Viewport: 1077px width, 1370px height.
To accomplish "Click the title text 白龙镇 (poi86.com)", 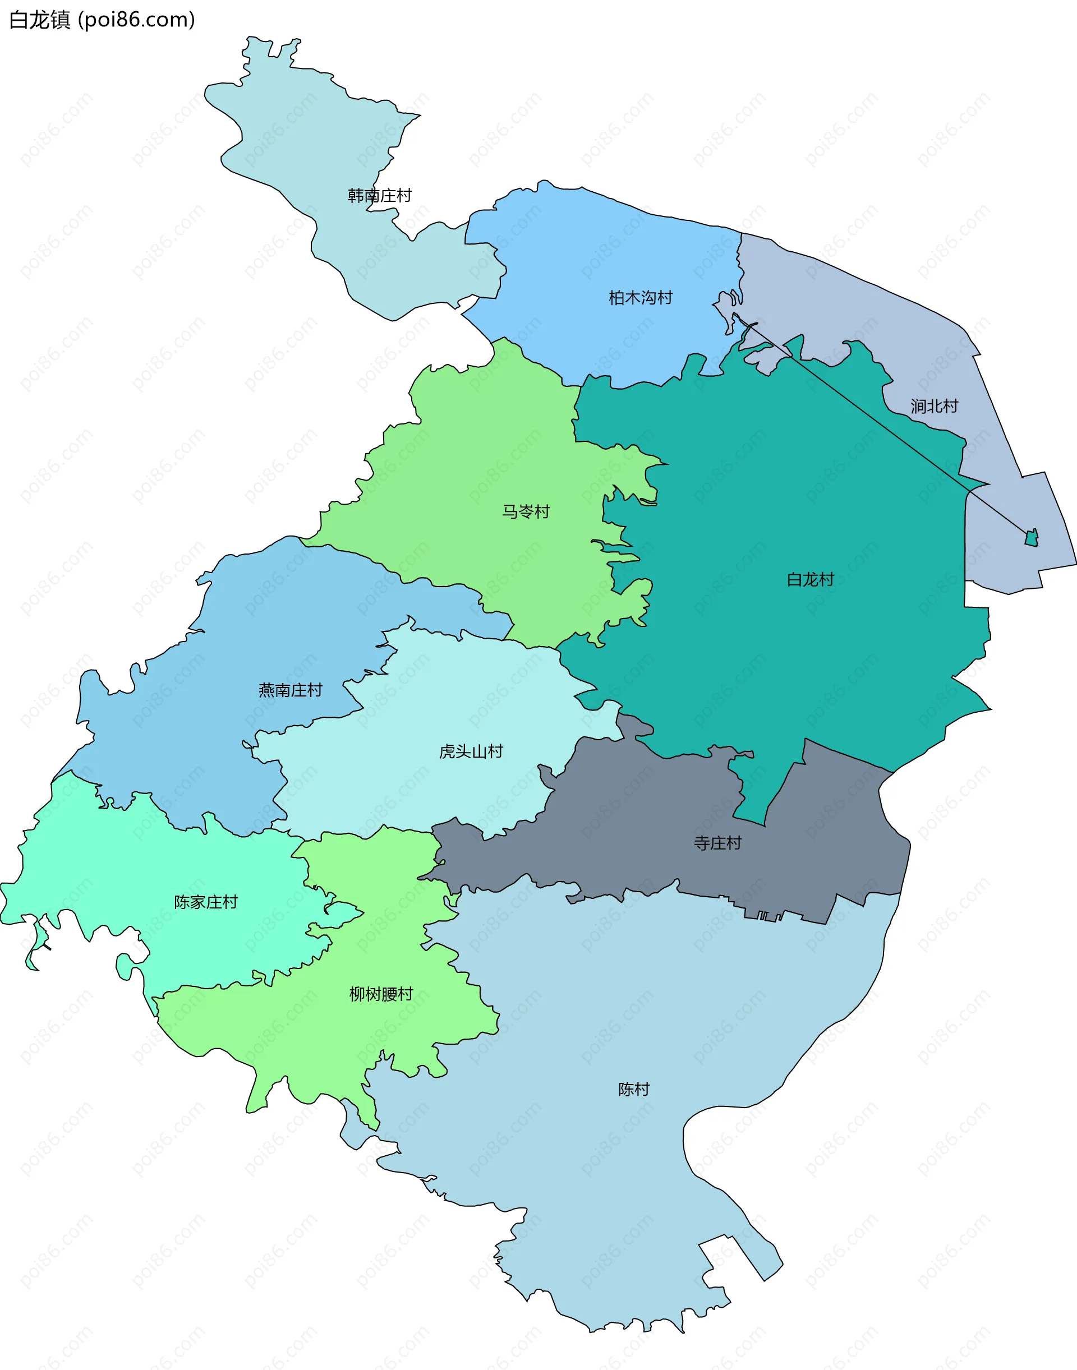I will pos(102,20).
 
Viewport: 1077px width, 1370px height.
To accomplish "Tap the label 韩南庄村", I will pos(380,196).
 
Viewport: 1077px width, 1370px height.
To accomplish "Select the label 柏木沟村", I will pos(640,298).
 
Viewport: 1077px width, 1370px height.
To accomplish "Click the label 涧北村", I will pos(934,406).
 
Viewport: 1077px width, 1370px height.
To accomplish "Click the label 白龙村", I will pos(810,579).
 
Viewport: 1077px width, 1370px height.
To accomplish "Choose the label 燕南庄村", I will pos(290,690).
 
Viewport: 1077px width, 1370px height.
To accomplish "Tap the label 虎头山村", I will pos(471,751).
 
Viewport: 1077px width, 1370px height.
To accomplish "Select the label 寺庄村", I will pos(717,843).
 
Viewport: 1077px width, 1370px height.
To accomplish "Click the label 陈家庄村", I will pos(205,902).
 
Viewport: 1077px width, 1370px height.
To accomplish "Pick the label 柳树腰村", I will pos(381,994).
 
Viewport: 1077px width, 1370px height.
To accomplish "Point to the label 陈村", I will pos(634,1089).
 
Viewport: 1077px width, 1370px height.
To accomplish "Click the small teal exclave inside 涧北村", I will pos(1032,538).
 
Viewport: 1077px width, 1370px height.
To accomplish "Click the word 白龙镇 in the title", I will pos(39,20).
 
